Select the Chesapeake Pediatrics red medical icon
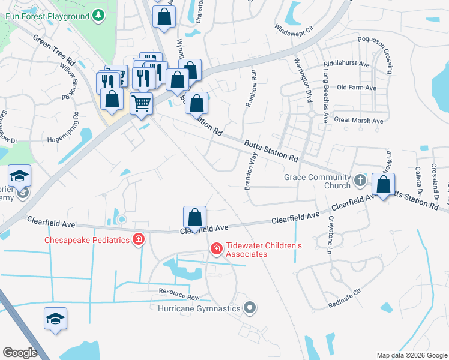click(139, 240)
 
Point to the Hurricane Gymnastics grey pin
click(251, 309)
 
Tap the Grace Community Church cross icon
click(359, 180)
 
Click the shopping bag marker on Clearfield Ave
click(194, 218)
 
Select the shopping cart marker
click(142, 103)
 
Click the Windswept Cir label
click(294, 28)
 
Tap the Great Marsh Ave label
click(358, 121)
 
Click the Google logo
click(20, 353)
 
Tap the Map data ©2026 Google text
click(411, 355)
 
